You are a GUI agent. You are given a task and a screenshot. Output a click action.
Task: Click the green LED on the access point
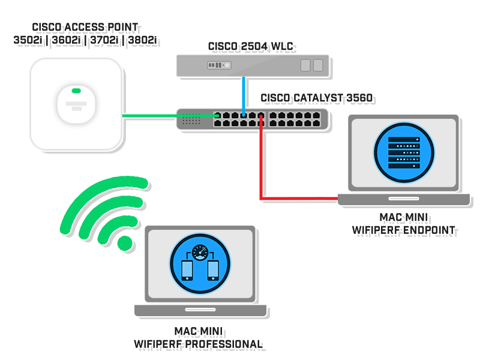pos(76,91)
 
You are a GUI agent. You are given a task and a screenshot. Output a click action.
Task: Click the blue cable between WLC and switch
pos(242,93)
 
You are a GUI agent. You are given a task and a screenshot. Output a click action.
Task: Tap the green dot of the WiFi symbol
pos(124,242)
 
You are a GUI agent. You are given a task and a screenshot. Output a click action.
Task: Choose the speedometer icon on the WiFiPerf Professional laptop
pos(198,252)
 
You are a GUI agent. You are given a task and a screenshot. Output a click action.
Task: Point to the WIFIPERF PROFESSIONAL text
pos(199,344)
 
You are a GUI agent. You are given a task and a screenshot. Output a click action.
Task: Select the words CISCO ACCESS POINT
pos(85,28)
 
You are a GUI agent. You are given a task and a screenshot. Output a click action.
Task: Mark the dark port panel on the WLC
pos(218,65)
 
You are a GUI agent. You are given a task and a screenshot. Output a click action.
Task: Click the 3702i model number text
pos(104,41)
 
